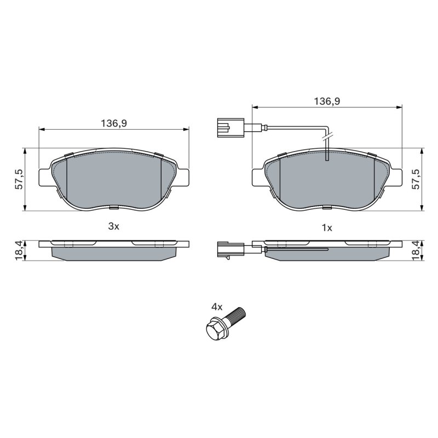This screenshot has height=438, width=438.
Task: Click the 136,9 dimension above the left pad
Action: [114, 123]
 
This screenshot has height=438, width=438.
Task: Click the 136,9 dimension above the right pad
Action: [327, 101]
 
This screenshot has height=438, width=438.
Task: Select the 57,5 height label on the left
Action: [19, 180]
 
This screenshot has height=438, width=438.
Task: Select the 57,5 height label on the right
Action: [416, 180]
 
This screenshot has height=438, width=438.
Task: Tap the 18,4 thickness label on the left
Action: [19, 251]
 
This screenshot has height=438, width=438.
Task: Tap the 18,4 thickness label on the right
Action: [416, 251]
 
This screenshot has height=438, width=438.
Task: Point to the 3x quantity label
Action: [114, 226]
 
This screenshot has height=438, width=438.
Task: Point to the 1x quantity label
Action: [327, 228]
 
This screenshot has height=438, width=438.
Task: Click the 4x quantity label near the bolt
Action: [217, 307]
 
